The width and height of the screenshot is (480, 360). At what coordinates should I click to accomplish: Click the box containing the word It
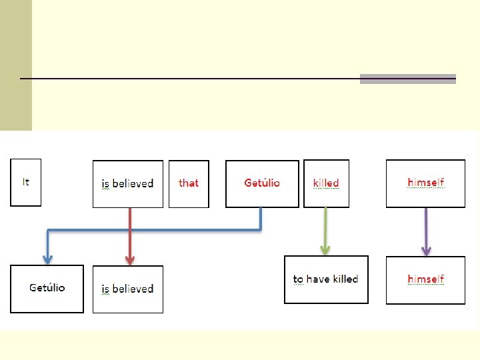(x=25, y=182)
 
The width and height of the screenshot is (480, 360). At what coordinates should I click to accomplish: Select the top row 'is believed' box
(x=127, y=184)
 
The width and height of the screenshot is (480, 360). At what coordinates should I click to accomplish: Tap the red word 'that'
(x=189, y=183)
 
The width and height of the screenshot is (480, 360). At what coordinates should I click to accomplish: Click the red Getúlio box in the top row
(x=262, y=183)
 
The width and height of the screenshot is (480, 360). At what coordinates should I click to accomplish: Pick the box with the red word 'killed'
(x=326, y=183)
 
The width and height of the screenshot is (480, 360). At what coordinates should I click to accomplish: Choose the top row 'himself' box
(x=425, y=183)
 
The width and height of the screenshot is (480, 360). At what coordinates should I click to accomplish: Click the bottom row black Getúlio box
(x=47, y=289)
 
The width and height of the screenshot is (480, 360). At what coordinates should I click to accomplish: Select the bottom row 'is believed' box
(x=127, y=289)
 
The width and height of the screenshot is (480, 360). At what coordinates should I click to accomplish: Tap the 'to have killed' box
(x=326, y=279)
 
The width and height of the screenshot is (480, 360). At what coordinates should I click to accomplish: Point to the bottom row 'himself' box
(x=425, y=280)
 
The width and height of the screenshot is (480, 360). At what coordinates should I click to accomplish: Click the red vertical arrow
(x=130, y=233)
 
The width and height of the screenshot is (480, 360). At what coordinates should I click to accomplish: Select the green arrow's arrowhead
(x=325, y=249)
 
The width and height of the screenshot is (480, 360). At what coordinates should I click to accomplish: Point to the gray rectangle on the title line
(x=407, y=79)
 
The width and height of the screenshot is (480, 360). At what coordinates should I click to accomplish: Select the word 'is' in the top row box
(x=105, y=184)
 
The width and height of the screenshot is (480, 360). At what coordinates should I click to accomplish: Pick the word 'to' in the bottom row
(x=298, y=279)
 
